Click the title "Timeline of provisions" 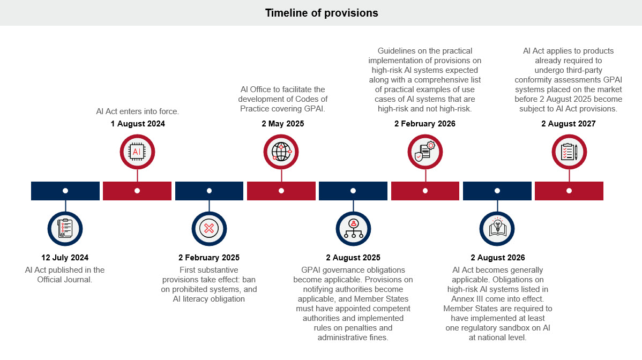[321, 13]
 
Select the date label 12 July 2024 [65, 258]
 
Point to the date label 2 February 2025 [209, 258]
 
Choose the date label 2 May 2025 [282, 124]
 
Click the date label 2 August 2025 [353, 258]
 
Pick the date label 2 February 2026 [425, 124]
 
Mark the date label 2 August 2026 [497, 258]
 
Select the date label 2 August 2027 [568, 124]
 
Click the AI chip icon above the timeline [137, 152]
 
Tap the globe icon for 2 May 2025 [281, 152]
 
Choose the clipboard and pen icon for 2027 [569, 152]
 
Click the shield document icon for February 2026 [425, 152]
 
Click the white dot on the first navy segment [65, 191]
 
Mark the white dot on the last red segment [569, 191]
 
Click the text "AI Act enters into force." [137, 111]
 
